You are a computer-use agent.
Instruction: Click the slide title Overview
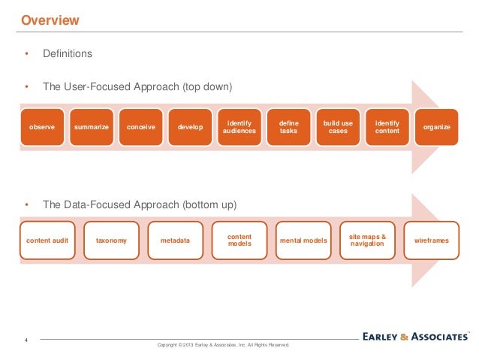(x=50, y=20)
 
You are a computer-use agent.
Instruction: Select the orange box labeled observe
(x=41, y=127)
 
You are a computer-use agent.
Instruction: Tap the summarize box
(x=91, y=127)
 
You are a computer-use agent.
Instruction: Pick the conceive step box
(x=140, y=127)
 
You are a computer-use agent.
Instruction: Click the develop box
(x=190, y=127)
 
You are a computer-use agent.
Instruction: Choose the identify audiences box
(x=239, y=127)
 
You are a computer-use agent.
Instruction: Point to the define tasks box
(x=288, y=127)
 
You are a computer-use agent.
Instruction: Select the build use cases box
(x=338, y=127)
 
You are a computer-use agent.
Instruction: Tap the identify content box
(x=387, y=127)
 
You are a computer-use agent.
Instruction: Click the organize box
(x=437, y=127)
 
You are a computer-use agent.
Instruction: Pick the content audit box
(x=47, y=241)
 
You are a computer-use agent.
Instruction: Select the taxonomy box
(x=111, y=241)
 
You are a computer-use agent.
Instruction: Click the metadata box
(x=175, y=241)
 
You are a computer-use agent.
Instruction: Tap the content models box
(x=239, y=241)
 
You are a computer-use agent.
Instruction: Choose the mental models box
(x=303, y=241)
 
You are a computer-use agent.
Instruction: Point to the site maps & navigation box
(x=367, y=241)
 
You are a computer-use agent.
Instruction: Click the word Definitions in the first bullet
(x=68, y=54)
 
